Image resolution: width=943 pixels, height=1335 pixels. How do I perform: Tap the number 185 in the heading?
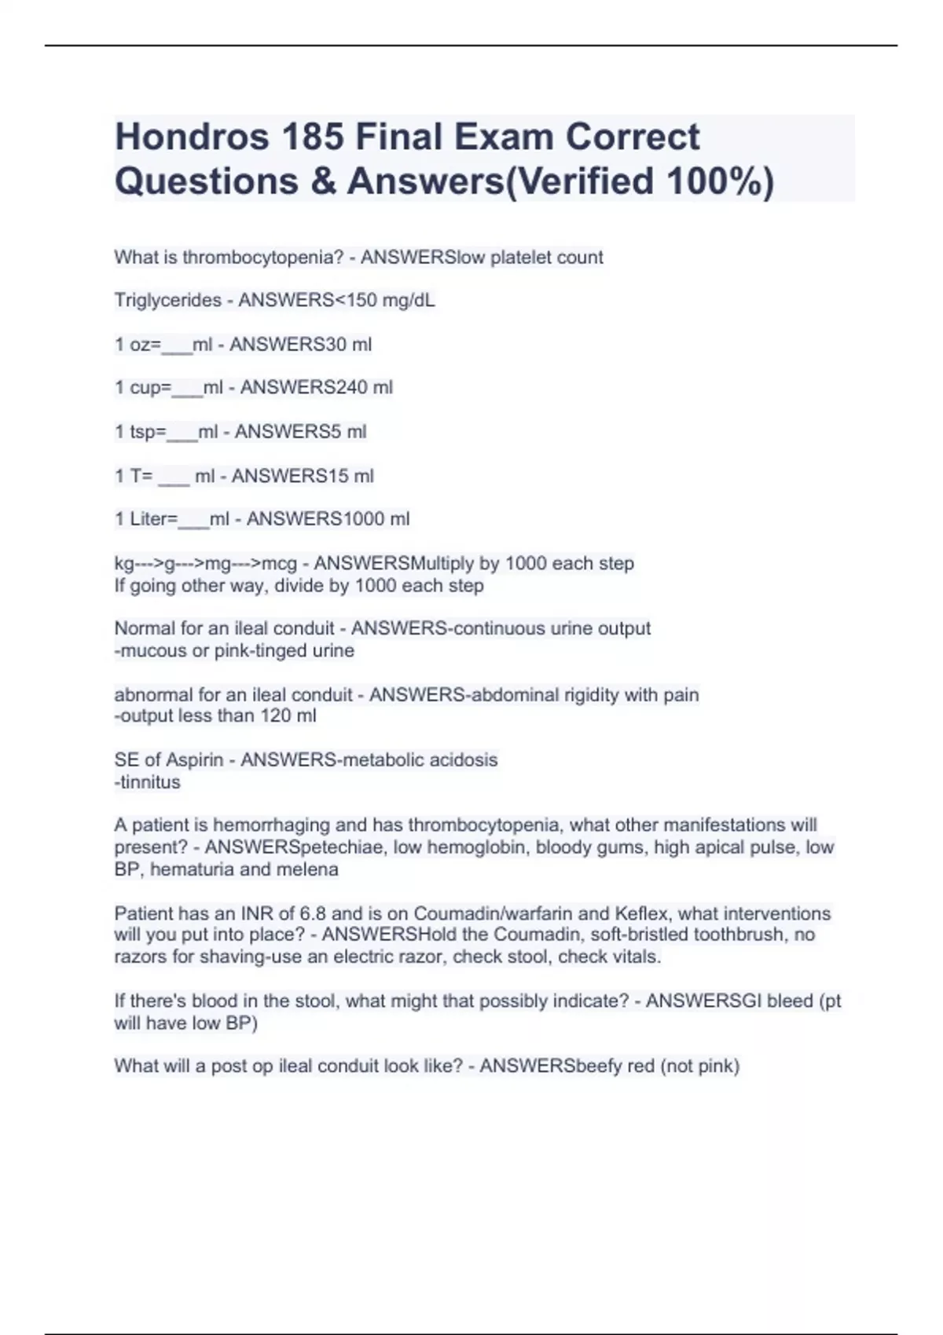point(312,137)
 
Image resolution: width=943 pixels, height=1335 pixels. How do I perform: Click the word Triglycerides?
point(168,301)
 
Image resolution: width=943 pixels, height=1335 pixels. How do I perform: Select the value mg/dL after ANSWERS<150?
point(409,301)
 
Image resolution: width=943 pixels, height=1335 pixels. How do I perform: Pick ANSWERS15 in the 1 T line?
point(290,476)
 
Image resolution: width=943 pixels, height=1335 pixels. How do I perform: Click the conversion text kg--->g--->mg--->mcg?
point(206,564)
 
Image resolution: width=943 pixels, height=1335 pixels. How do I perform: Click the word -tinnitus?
point(148,782)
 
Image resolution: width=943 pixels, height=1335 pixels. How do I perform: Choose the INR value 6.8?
point(314,914)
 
